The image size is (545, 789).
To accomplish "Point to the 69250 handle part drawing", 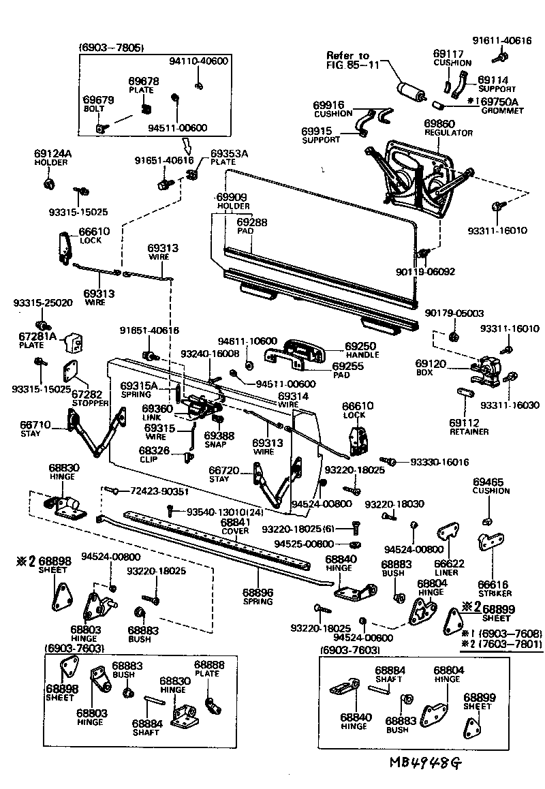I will click(x=304, y=349).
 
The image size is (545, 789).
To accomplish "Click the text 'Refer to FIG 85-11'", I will click(x=348, y=60).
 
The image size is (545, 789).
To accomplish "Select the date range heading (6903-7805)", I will click(x=112, y=47).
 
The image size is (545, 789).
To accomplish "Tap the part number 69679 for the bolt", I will click(x=98, y=99).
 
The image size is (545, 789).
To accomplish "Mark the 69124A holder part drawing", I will click(x=48, y=184).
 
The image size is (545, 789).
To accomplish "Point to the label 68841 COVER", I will click(x=236, y=527).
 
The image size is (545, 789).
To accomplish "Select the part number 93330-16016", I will click(x=439, y=462).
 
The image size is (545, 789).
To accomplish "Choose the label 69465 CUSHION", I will click(x=491, y=486).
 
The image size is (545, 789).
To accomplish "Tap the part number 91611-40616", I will click(x=502, y=40).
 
